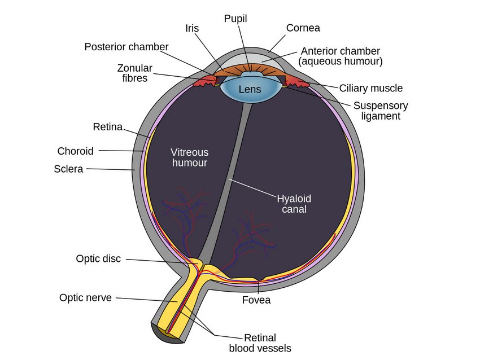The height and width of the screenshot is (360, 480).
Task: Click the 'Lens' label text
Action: [x=250, y=89]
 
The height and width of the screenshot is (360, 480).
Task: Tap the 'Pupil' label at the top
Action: [x=235, y=19]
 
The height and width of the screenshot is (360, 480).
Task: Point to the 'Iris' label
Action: [x=191, y=28]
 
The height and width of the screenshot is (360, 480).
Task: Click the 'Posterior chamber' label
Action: [x=126, y=46]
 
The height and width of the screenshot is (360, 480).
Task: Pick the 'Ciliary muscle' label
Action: [x=370, y=88]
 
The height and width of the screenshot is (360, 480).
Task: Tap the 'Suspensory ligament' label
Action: [x=380, y=111]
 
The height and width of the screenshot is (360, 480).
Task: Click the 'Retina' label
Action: [x=107, y=127]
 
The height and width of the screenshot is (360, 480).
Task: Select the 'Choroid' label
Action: [x=75, y=151]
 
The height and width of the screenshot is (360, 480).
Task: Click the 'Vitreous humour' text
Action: [x=190, y=157]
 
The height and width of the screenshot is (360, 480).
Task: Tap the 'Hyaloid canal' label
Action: [x=294, y=204]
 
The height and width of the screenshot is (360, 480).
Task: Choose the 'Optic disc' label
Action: [x=98, y=258]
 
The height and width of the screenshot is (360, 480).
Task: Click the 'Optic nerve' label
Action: [x=85, y=297]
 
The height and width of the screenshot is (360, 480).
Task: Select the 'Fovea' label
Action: [x=256, y=300]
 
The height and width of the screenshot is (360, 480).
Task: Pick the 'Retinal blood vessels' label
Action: [x=260, y=343]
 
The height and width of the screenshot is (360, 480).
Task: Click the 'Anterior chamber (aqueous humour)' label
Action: [x=341, y=56]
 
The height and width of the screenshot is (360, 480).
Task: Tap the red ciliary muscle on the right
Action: [x=296, y=83]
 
